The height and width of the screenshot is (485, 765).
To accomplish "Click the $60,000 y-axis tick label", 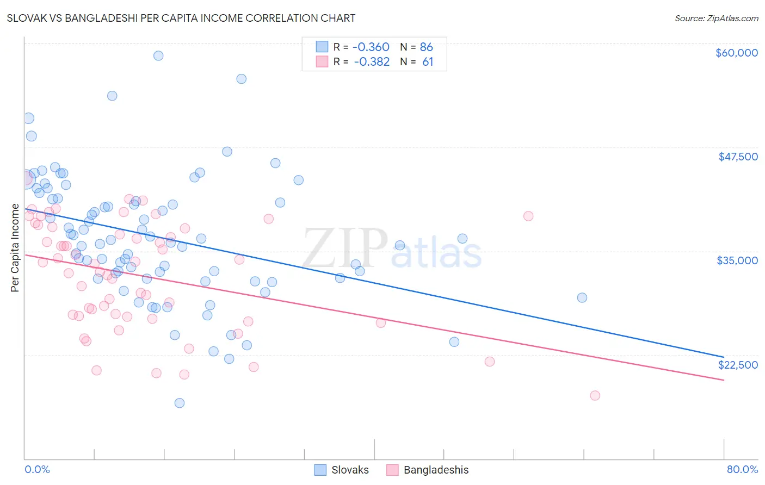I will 736,53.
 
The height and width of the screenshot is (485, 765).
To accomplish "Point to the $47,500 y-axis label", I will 738,157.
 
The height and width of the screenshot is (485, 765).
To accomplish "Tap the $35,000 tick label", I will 737,260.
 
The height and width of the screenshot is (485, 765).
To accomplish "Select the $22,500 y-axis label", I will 738,365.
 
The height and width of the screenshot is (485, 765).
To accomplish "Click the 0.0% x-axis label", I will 37,469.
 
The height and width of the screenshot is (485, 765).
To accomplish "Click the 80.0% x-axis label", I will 742,469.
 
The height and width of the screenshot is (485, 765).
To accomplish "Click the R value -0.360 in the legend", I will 372,47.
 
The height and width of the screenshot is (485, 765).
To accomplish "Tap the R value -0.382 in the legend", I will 372,61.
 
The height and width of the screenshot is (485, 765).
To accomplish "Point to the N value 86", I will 426,47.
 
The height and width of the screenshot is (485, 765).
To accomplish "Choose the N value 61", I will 428,61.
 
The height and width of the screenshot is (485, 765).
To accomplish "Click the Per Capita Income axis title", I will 15,248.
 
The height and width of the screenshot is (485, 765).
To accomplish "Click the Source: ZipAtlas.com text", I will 716,18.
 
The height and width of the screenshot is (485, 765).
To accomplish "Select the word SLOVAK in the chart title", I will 27,18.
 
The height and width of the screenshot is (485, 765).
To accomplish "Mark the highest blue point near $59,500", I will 158,55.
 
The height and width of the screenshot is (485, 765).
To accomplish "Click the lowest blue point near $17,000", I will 180,403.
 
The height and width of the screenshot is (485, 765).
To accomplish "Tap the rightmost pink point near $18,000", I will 595,395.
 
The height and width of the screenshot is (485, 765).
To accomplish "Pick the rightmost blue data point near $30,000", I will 582,297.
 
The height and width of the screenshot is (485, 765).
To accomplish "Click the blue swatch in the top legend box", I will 322,47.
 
